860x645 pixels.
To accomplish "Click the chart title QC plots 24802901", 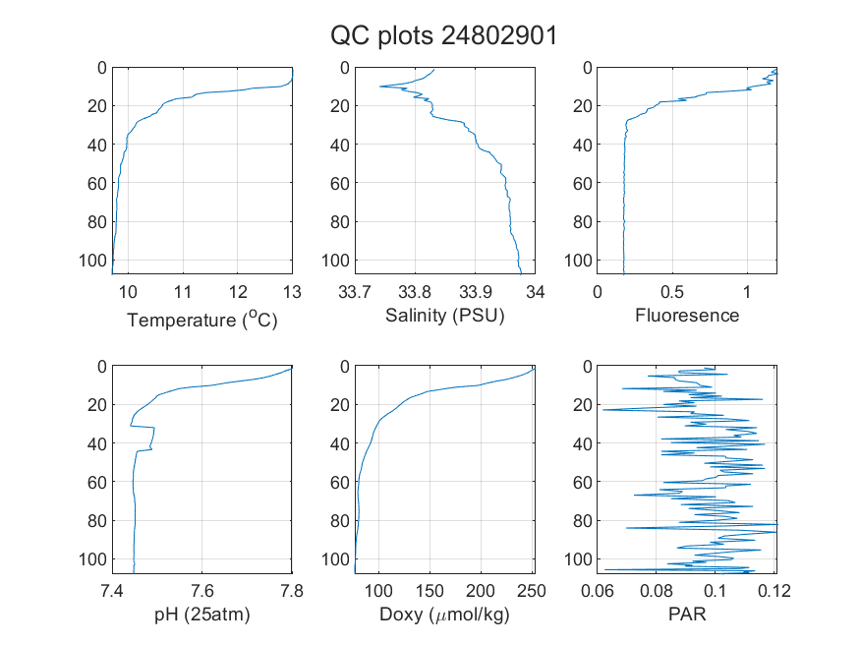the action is (x=443, y=36).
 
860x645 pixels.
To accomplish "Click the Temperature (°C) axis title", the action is (x=202, y=320).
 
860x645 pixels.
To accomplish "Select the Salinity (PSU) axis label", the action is (x=445, y=316).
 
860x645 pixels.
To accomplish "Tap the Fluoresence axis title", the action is (x=687, y=316).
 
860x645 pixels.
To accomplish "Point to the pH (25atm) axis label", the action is (x=201, y=615).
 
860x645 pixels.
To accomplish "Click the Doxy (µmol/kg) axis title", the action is (x=445, y=615).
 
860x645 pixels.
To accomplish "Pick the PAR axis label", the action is (x=687, y=614).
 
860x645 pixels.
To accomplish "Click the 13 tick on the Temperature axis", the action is (x=292, y=292).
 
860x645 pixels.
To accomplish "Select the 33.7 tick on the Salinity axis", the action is (x=355, y=292).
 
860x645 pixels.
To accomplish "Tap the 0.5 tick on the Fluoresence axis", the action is (x=672, y=292).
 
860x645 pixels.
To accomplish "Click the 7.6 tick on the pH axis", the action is (x=201, y=591).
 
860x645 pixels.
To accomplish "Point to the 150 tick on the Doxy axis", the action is (x=430, y=591).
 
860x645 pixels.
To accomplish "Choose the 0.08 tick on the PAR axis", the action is (x=656, y=591).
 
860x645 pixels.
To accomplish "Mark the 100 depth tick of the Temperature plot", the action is (x=92, y=260).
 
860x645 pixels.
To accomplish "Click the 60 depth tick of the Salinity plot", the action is (x=340, y=183).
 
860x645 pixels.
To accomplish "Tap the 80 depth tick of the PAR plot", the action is (x=583, y=520).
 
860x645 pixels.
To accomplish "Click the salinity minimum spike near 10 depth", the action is (x=380, y=87).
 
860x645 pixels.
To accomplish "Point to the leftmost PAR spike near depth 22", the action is (x=603, y=410).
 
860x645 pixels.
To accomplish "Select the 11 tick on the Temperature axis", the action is (x=183, y=292).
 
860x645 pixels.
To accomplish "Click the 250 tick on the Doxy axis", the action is (x=532, y=591).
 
